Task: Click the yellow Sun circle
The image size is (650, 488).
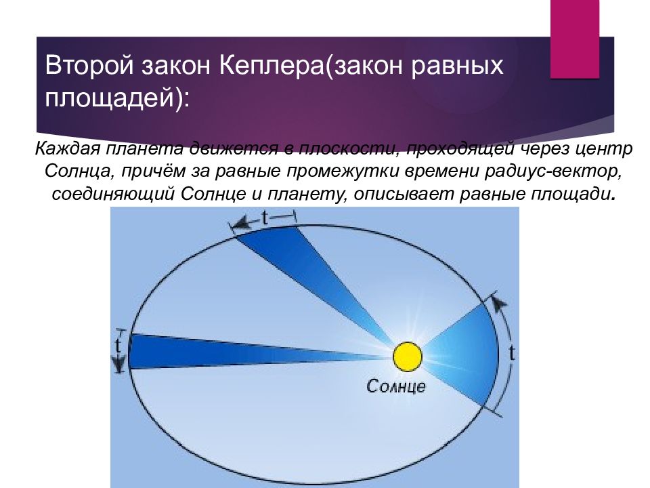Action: (408, 357)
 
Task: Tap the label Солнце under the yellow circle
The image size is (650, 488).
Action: (396, 386)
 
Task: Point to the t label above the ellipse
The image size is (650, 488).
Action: (265, 218)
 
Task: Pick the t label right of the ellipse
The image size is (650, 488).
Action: (513, 352)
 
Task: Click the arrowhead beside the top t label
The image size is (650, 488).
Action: (241, 223)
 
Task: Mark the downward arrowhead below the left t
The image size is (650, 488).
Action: (119, 365)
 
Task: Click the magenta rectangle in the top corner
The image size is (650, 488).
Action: (575, 39)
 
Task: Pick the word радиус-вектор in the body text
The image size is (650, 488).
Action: (553, 171)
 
